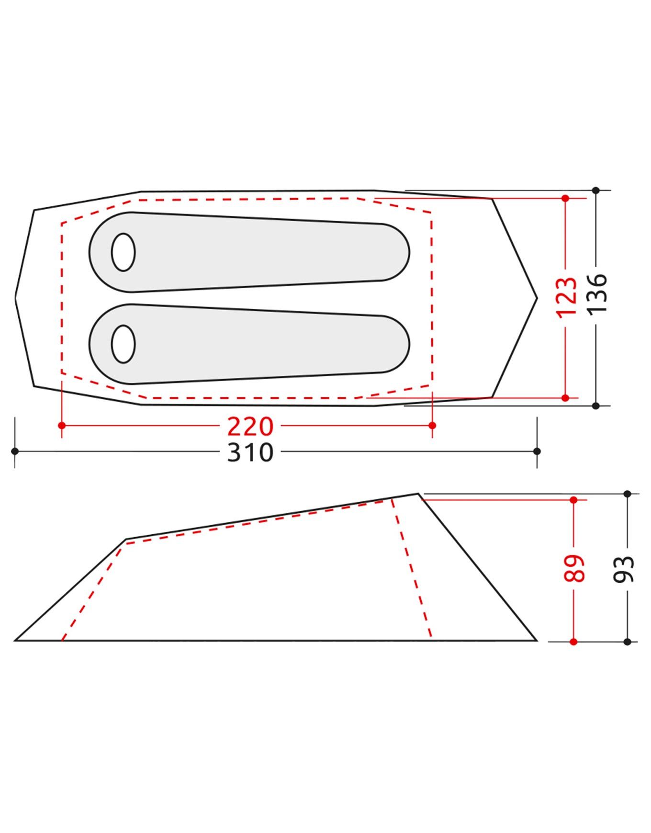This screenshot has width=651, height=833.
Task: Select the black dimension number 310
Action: [250, 452]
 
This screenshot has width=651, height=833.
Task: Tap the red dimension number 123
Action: [566, 297]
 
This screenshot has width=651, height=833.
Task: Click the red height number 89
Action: [574, 568]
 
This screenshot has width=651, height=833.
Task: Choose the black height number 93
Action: [624, 569]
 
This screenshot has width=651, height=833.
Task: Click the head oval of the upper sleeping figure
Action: [123, 252]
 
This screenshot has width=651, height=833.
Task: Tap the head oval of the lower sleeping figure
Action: [123, 344]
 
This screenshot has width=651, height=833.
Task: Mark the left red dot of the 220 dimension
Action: [61, 426]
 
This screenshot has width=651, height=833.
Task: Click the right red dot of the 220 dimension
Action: [432, 426]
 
